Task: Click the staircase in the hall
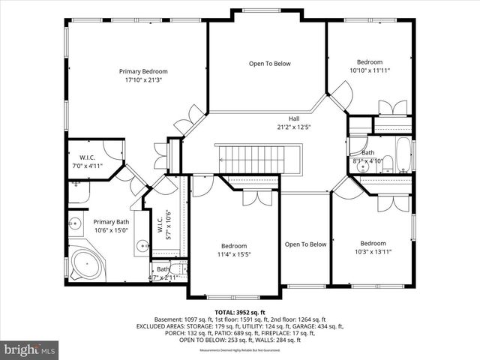point(258,158)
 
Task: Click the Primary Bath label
point(111,222)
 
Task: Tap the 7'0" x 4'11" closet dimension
point(85,166)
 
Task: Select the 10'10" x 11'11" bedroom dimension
point(369,70)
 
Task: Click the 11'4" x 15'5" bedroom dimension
point(233,254)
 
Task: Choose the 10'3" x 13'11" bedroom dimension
point(372,252)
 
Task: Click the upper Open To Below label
point(269,64)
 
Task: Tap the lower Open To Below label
point(305,244)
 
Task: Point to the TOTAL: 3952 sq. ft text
point(240,312)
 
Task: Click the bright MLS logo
point(30,349)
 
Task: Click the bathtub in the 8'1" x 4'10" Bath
point(402,154)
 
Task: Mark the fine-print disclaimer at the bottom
point(240,350)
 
